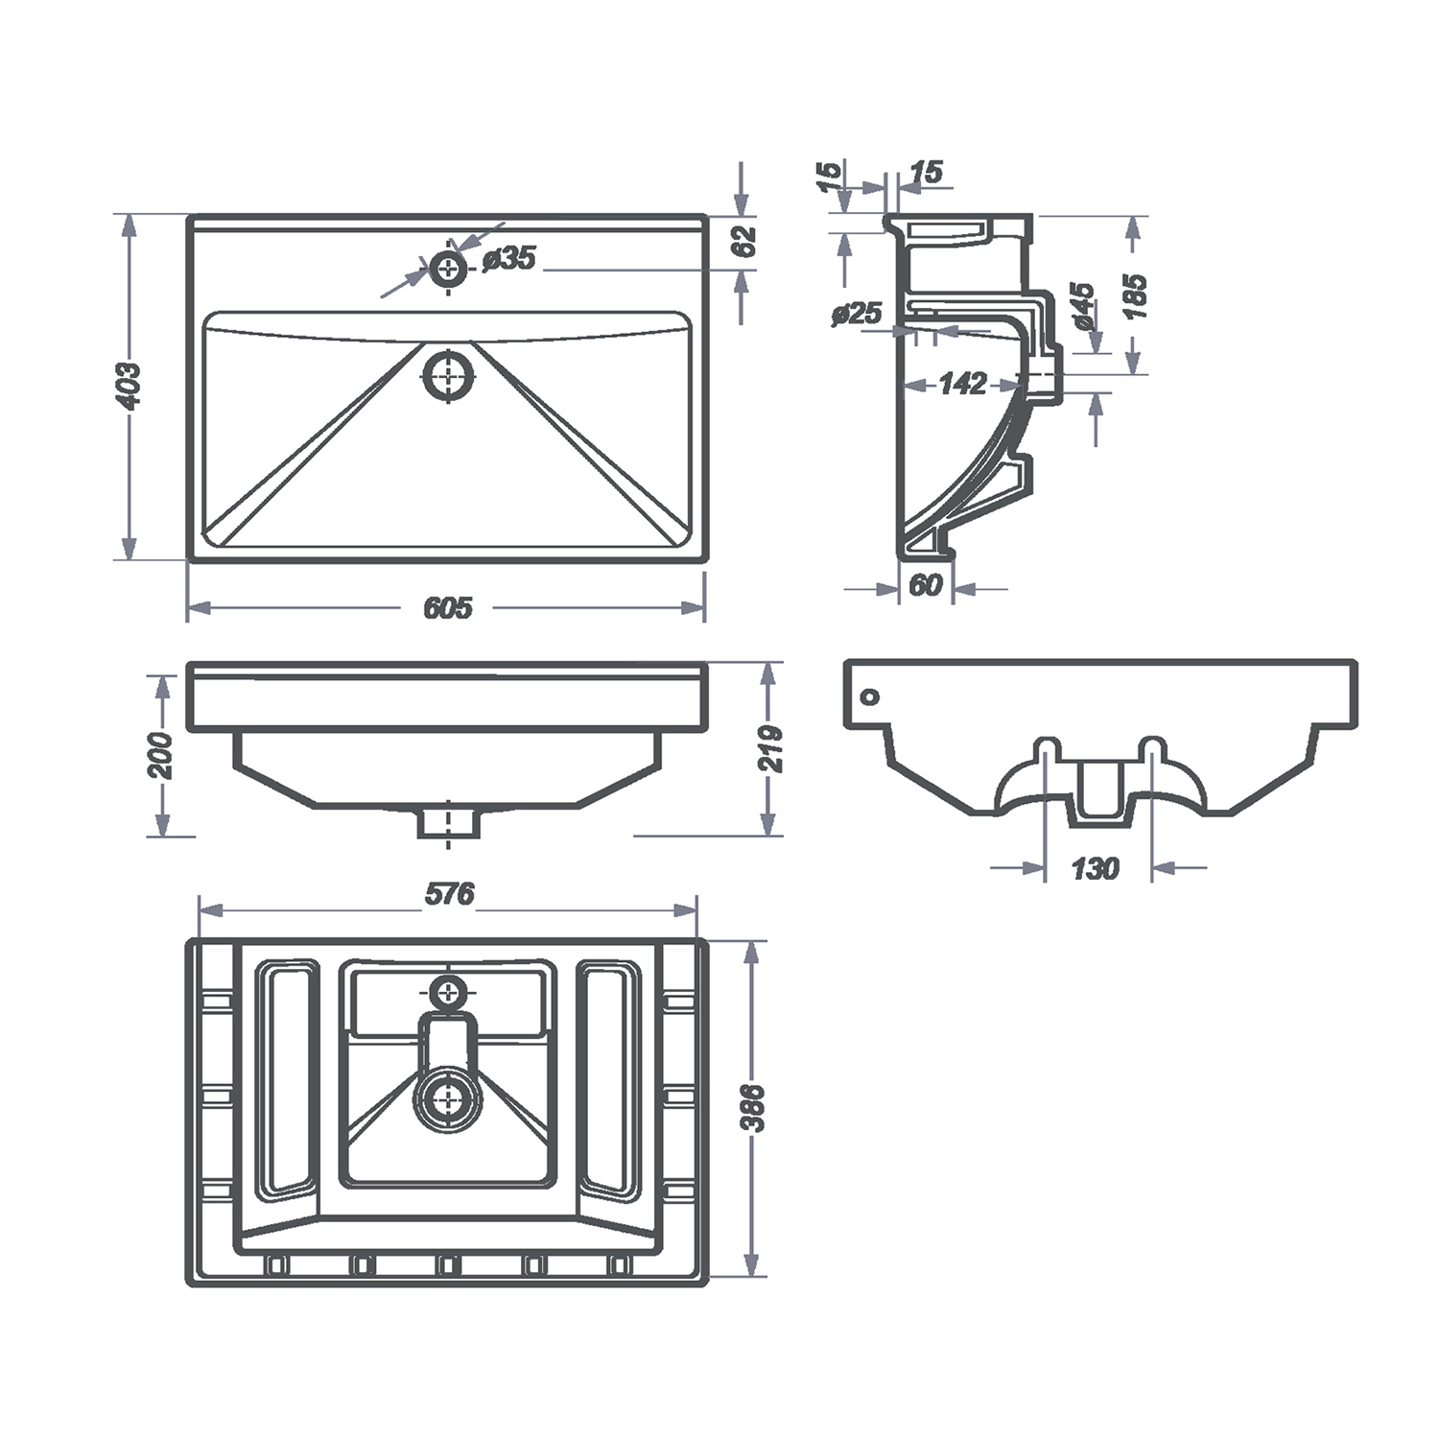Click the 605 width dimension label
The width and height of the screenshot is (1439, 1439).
point(447,607)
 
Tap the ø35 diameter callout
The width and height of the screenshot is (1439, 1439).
point(508,258)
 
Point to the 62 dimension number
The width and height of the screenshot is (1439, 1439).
point(745,241)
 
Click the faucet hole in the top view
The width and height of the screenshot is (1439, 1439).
point(448,269)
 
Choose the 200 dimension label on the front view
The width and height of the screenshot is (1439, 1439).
point(161,755)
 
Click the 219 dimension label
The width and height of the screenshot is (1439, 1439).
point(771,749)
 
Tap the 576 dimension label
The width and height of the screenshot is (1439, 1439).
point(449,894)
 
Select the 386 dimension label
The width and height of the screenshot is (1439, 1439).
point(754,1109)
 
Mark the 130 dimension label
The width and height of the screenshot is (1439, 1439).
point(1095,868)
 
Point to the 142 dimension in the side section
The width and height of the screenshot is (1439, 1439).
point(962,384)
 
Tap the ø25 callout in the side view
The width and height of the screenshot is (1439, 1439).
point(857,314)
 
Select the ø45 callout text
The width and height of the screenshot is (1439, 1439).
point(1081,306)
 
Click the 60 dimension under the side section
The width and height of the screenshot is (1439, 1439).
point(925,584)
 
